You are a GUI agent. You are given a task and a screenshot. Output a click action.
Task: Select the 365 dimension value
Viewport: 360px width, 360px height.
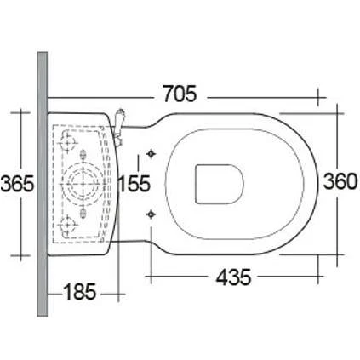(x=17, y=183)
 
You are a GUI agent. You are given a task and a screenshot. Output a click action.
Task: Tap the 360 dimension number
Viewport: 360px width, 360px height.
(x=340, y=183)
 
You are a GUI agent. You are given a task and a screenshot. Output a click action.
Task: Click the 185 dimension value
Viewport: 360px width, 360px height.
(x=82, y=293)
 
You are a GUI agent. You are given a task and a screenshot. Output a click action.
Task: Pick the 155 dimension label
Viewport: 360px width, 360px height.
(x=135, y=183)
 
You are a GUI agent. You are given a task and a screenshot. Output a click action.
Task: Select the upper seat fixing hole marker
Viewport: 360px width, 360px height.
(x=152, y=155)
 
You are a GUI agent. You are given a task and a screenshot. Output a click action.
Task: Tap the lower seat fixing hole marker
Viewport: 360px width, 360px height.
(x=152, y=212)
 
